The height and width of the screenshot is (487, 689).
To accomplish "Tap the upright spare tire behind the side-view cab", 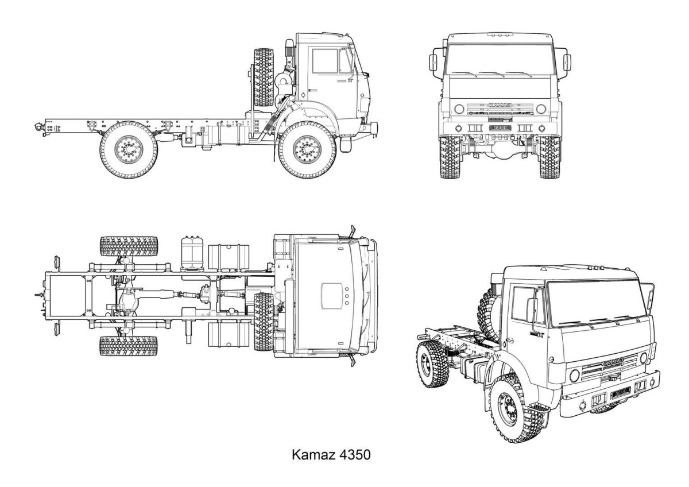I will tap(264, 77).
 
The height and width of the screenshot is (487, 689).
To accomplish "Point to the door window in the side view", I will tap(325, 61).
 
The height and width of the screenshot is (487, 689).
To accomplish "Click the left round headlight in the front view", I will tap(458, 109).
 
